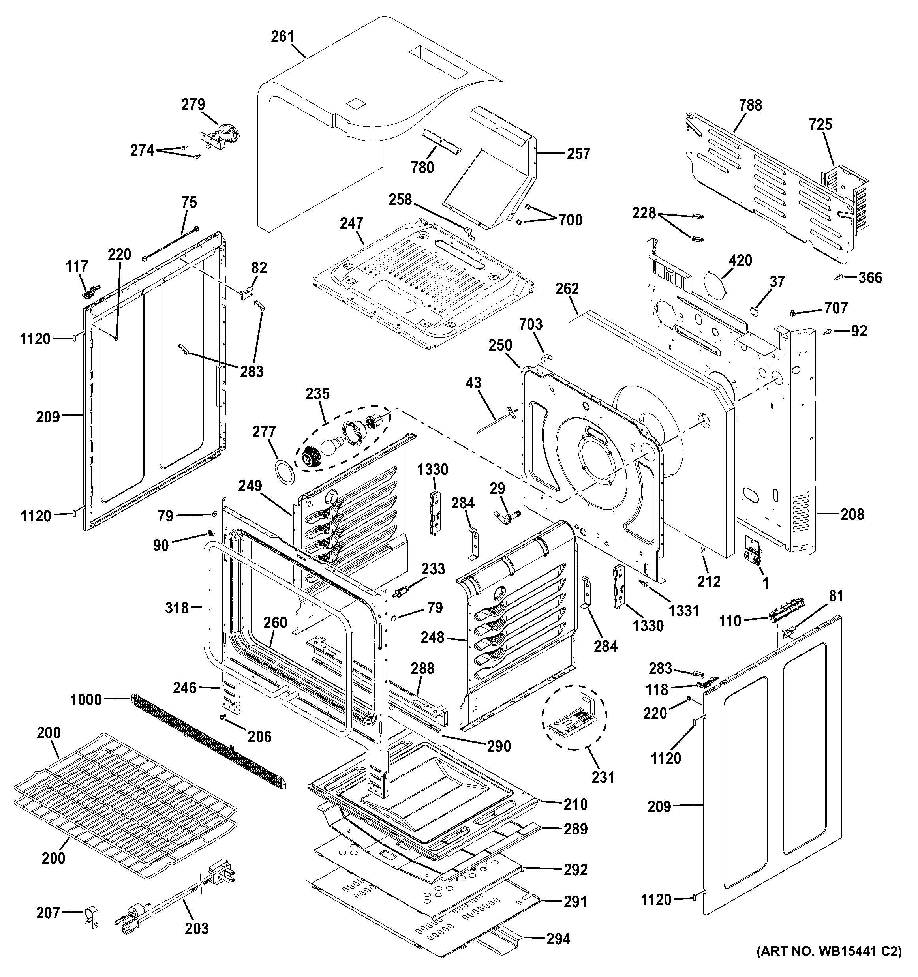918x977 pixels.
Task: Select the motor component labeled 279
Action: (x=222, y=134)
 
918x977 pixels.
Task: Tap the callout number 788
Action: (x=750, y=105)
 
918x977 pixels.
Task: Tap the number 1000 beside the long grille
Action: (x=86, y=699)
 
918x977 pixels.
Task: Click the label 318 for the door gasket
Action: (x=177, y=608)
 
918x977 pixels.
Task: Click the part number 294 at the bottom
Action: (x=558, y=939)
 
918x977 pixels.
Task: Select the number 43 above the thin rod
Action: (x=473, y=383)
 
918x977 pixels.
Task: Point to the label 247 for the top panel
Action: (x=351, y=223)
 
